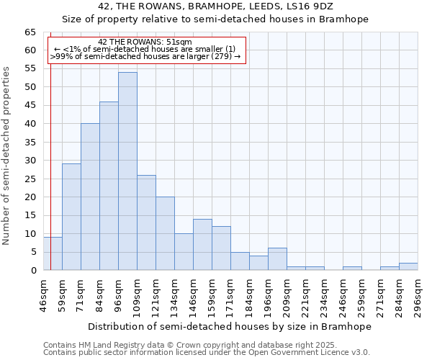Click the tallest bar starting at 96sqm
click(x=127, y=171)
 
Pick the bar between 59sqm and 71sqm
click(x=71, y=217)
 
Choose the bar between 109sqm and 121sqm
click(x=146, y=222)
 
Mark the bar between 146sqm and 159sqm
click(x=202, y=245)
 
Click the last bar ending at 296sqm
click(x=408, y=266)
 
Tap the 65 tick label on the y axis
click(x=30, y=32)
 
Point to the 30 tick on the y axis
click(x=30, y=161)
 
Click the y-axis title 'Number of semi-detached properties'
click(x=7, y=156)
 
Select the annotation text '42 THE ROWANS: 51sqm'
click(x=145, y=42)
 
